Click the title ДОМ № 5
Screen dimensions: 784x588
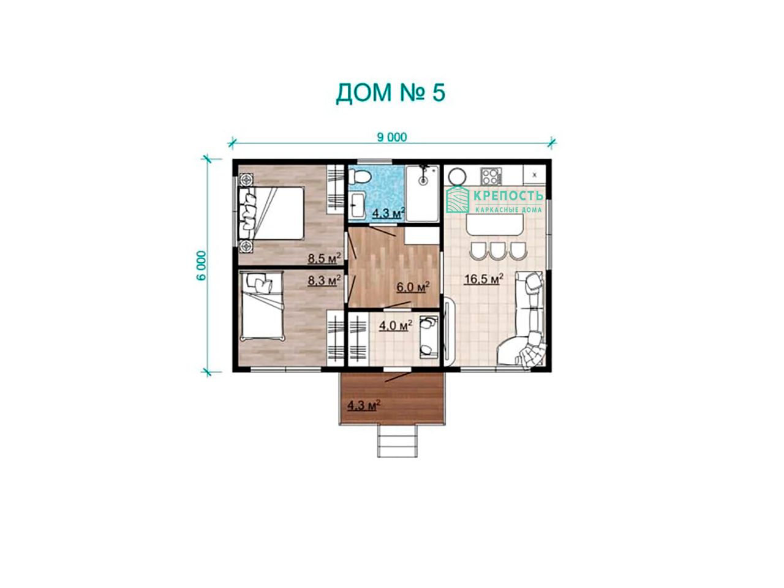(390, 93)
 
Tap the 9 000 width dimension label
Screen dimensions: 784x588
(392, 137)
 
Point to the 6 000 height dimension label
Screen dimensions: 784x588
(202, 265)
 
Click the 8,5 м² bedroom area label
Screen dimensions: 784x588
(324, 258)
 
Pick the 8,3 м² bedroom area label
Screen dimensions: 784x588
(324, 281)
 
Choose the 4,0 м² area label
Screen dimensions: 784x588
(396, 325)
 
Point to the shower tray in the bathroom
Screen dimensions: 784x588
(423, 193)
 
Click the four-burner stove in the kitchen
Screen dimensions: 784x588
(490, 176)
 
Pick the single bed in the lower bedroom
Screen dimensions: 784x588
(262, 304)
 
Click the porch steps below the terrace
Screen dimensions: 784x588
(398, 441)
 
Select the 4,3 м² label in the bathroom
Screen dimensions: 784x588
(388, 213)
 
